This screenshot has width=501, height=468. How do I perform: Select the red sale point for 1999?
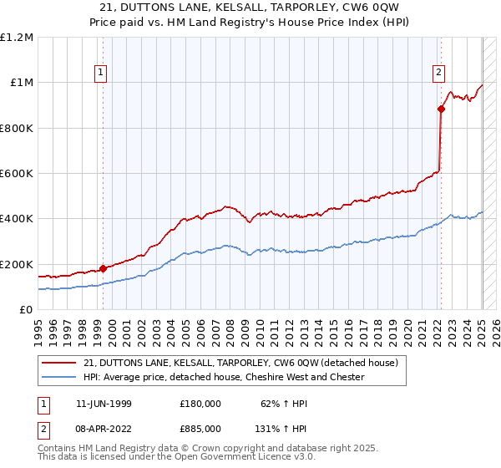(103, 268)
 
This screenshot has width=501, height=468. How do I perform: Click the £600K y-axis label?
(17, 174)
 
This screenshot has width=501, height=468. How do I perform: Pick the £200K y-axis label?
(17, 264)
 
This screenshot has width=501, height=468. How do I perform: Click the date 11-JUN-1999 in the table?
(104, 403)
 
